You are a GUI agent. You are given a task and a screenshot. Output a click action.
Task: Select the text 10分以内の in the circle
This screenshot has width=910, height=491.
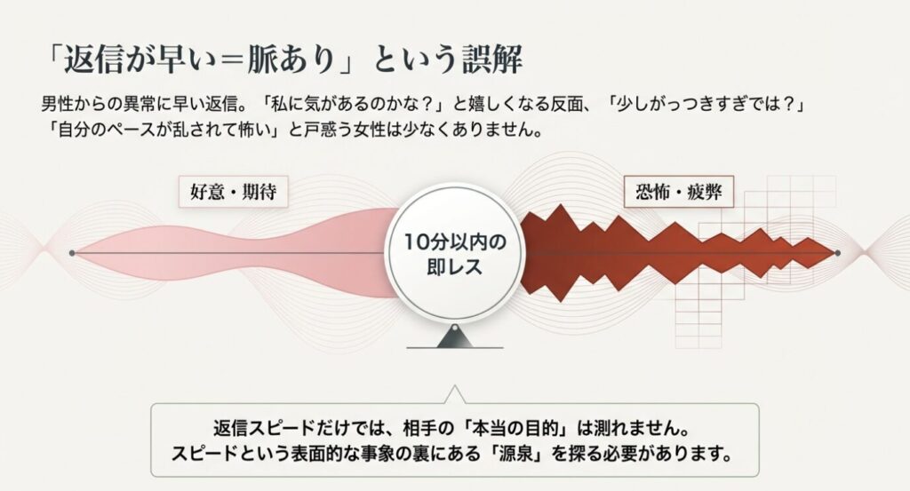tap(454, 242)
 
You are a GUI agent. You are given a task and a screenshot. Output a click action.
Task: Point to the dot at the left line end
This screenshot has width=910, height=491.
tap(72, 254)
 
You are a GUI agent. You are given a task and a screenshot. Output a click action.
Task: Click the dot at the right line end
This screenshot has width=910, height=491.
tap(837, 254)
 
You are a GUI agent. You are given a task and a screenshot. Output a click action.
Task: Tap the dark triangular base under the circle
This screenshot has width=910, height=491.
tap(454, 337)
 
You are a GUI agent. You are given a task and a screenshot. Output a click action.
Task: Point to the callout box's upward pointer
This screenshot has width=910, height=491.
tap(454, 395)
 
